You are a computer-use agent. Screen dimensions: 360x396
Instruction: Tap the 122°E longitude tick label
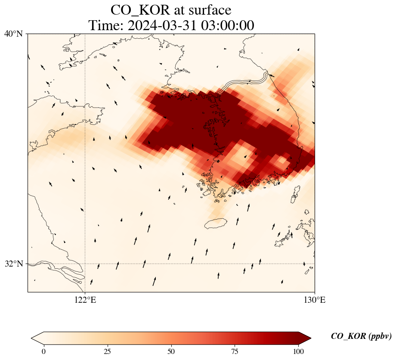85,300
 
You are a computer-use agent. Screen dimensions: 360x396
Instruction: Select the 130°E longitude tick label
315,300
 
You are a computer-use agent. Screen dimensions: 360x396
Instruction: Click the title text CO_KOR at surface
171,9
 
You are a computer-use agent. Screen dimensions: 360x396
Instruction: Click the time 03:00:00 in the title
229,25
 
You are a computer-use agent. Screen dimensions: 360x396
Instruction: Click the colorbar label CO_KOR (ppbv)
361,336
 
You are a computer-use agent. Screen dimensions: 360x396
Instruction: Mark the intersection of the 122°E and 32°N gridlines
85,264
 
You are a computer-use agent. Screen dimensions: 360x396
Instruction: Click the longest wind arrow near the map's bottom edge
154,281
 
